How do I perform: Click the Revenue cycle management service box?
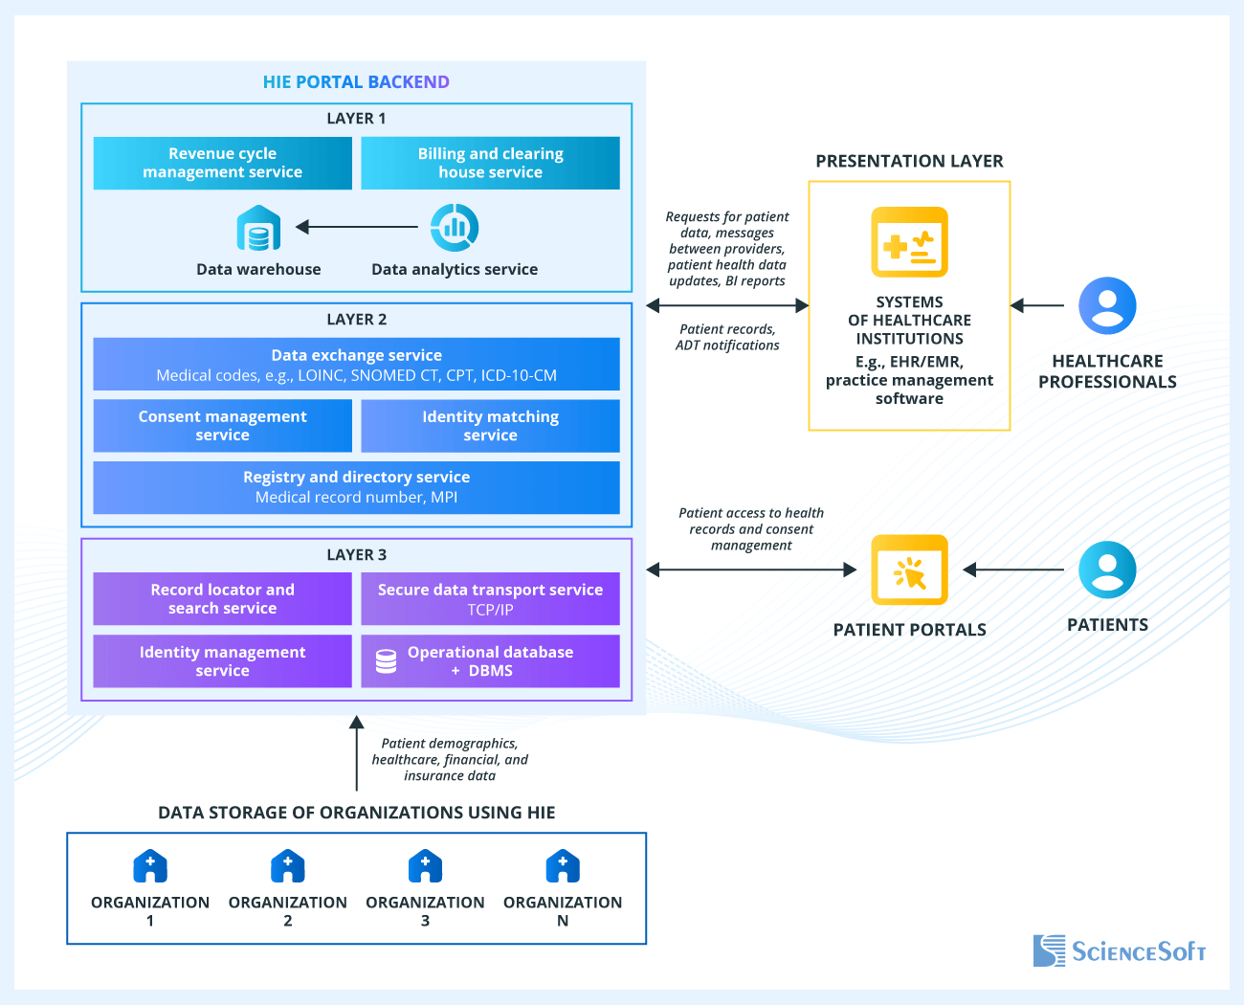click(x=222, y=163)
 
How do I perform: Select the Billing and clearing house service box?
click(x=490, y=163)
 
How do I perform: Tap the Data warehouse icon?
click(x=258, y=229)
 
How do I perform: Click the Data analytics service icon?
click(x=455, y=228)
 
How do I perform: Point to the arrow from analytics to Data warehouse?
click(x=357, y=227)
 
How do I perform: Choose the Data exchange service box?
click(x=356, y=365)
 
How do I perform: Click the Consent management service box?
click(x=222, y=426)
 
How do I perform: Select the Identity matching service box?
click(x=490, y=426)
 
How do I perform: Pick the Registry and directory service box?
click(x=356, y=487)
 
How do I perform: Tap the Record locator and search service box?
click(x=222, y=599)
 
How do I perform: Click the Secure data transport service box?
click(x=490, y=599)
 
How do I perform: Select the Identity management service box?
click(x=222, y=661)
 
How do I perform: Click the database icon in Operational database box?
click(x=386, y=661)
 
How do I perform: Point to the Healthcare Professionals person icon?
click(x=1107, y=306)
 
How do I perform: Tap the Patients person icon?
click(x=1107, y=569)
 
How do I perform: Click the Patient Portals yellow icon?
click(x=909, y=570)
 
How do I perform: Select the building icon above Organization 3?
click(x=425, y=866)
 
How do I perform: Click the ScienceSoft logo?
click(x=1119, y=950)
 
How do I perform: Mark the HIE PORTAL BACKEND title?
click(x=356, y=82)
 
